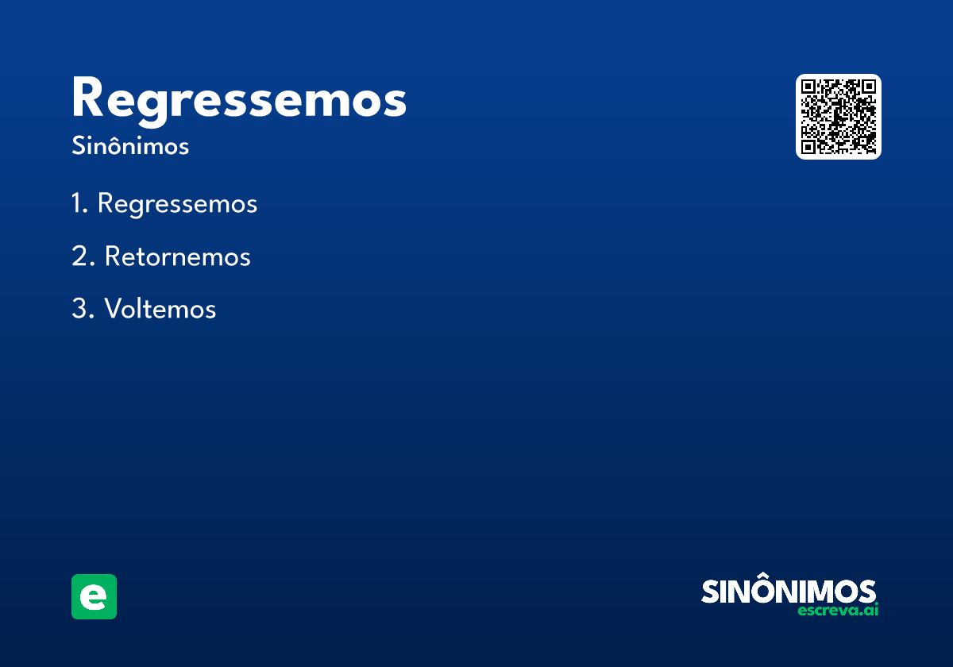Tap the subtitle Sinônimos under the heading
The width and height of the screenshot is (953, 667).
tap(130, 147)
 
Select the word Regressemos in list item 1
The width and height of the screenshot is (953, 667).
tap(177, 204)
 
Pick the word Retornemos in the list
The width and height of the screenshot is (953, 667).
tap(177, 256)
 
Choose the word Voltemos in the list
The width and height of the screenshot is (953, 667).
tap(160, 309)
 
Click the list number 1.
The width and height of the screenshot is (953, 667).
tap(78, 204)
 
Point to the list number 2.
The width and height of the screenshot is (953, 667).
tap(79, 256)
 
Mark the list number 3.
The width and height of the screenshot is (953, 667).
tap(79, 309)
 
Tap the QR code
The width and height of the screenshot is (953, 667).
tap(839, 117)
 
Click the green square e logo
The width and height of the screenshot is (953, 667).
tap(94, 596)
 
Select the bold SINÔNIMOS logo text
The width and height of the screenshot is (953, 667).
tap(789, 591)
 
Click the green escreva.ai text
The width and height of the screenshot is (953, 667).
tap(838, 611)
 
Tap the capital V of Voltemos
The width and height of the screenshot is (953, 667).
tap(113, 309)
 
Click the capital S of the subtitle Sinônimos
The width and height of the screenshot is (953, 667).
tap(77, 147)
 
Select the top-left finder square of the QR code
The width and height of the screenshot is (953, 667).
tap(808, 87)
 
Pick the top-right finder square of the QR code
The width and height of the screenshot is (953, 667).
tap(869, 87)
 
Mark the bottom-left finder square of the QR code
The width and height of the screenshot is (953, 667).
tap(808, 147)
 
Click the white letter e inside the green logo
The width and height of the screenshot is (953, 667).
tap(94, 597)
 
